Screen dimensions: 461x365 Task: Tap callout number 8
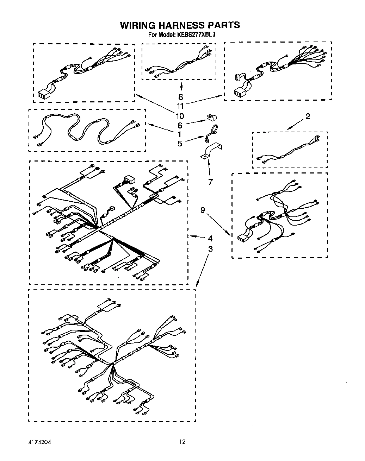181,97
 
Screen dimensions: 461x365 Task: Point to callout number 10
180,116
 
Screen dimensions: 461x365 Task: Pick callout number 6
180,125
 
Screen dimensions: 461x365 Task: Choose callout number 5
180,144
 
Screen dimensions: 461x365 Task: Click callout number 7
210,182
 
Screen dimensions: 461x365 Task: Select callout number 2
308,116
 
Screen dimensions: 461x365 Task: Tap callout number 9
203,210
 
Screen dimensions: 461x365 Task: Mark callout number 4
210,238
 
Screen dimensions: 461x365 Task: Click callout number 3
210,249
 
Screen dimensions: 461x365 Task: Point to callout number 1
180,134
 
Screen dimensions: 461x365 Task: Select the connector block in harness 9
242,239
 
